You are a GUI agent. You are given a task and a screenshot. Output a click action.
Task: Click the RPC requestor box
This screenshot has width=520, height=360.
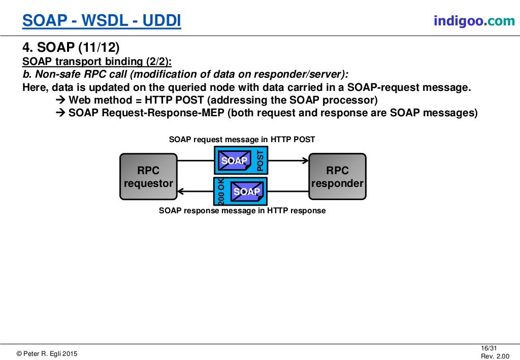148,177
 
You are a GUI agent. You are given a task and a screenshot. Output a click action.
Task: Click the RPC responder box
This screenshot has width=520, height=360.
337,177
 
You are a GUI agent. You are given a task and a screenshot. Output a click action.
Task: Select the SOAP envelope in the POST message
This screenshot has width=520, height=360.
234,160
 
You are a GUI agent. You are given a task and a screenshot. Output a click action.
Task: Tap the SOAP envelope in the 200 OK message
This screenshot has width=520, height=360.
246,191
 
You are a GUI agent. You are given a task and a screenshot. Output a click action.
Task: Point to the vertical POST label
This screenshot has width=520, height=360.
261,160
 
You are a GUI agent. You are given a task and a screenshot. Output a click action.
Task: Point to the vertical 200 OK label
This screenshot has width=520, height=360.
221,191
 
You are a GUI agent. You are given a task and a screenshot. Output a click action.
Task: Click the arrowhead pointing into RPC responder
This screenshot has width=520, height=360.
305,161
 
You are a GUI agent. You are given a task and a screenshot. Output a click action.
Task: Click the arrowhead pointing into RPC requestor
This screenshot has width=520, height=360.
181,191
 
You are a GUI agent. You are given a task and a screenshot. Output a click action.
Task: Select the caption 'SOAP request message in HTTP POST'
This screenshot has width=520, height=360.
242,139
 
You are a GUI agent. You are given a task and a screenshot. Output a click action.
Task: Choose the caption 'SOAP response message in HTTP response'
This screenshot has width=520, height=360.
242,210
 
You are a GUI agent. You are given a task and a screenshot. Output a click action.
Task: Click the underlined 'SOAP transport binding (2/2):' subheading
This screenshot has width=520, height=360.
97,61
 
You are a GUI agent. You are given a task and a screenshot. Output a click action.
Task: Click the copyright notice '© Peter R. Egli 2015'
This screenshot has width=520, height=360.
47,353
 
